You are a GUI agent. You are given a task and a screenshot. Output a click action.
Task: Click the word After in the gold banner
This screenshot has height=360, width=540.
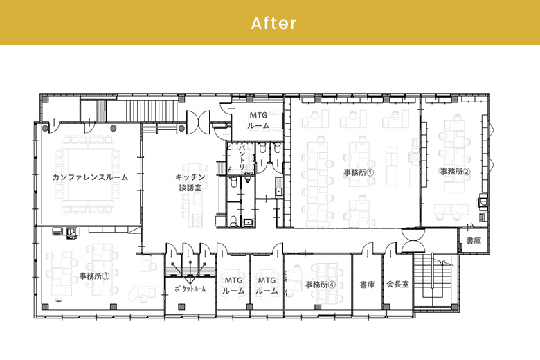pos(273,24)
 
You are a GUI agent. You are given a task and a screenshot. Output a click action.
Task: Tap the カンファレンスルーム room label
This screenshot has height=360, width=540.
pos(90,177)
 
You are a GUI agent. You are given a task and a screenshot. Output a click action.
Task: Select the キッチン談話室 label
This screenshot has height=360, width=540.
pos(190,182)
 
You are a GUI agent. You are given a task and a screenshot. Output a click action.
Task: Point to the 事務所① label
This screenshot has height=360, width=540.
pos(359,172)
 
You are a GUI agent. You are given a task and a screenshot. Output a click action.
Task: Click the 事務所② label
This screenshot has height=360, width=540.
pos(456,171)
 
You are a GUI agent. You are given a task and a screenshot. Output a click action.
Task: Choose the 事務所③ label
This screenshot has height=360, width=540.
pos(94,276)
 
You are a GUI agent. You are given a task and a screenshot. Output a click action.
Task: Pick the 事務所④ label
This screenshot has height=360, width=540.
pos(321,285)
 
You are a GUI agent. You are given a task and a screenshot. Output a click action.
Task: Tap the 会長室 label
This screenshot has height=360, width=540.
pos(398,285)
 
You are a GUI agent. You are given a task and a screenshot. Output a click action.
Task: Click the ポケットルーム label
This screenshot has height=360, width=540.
pos(190,289)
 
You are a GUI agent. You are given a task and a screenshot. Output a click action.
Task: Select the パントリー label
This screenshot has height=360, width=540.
pos(242,157)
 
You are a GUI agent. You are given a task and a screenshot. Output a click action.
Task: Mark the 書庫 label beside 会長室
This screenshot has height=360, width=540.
pos(367,285)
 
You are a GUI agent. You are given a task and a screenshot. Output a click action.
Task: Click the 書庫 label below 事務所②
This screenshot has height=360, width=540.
pos(474,241)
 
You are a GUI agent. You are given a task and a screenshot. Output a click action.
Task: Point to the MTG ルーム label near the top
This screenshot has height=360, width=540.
pos(258,120)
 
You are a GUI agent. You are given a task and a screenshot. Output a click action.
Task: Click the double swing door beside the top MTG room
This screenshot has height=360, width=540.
pos(198,123)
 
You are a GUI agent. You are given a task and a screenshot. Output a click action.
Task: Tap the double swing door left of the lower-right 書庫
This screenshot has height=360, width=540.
pos(413,241)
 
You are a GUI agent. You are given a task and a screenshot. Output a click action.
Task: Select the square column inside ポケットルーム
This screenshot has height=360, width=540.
pos(181,307)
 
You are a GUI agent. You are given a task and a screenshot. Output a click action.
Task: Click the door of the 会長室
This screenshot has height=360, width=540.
pos(390,248)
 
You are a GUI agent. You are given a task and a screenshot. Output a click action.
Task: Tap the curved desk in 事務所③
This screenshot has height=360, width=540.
pos(141,294)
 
